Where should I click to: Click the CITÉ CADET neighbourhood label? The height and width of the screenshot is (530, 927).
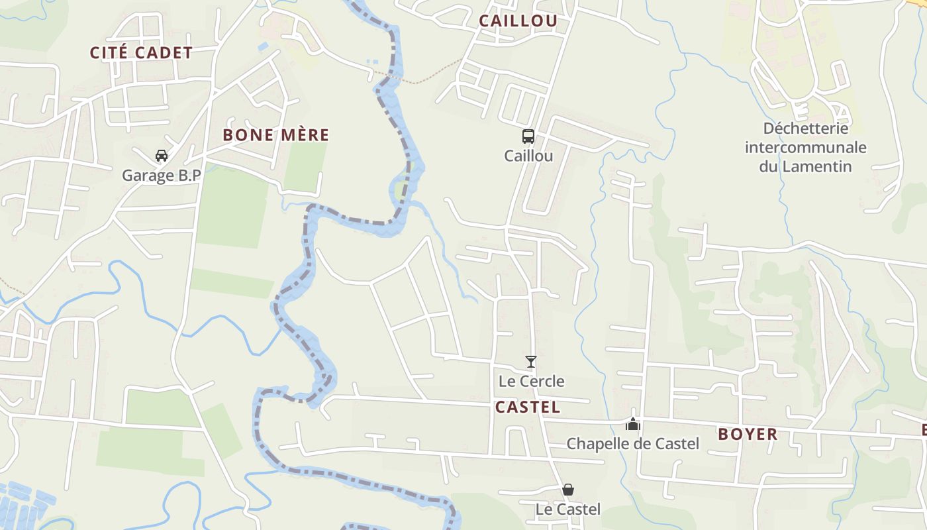click(141, 53)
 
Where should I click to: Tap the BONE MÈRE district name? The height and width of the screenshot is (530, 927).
click(275, 135)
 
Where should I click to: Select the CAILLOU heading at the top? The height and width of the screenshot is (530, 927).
click(518, 21)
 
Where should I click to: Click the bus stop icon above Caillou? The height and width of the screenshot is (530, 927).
click(528, 136)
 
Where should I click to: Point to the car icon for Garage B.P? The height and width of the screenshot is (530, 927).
click(161, 156)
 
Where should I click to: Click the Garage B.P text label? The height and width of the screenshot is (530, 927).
click(161, 176)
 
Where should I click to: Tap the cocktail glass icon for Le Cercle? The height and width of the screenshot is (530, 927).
click(530, 362)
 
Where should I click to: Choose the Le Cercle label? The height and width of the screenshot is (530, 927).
click(531, 381)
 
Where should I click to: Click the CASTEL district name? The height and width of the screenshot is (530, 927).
click(527, 407)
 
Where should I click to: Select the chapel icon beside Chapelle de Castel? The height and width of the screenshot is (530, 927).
click(633, 424)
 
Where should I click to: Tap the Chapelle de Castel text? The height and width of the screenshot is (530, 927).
click(632, 443)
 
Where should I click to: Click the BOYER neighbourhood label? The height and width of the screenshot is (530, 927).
click(748, 435)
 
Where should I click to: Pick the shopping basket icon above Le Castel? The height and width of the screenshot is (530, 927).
click(568, 490)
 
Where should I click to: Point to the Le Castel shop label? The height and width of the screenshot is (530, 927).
click(568, 509)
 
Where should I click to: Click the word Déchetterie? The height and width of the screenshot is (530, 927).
click(805, 128)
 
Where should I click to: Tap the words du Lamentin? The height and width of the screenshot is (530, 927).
click(805, 166)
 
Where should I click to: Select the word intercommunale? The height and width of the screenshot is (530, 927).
click(805, 147)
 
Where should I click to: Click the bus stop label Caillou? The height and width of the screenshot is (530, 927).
click(528, 156)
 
